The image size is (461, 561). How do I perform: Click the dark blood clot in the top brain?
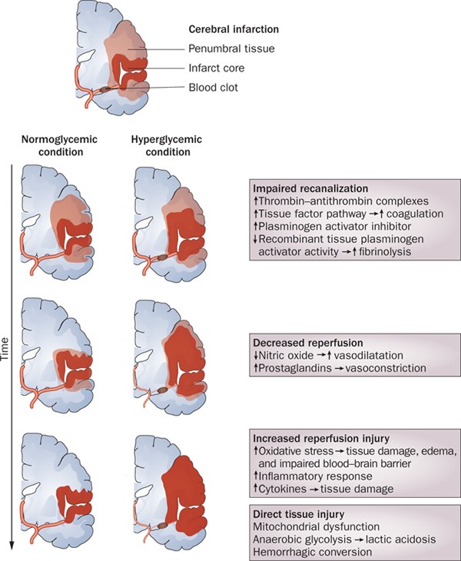click(x=107, y=91)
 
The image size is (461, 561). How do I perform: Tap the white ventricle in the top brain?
click(x=88, y=55)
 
